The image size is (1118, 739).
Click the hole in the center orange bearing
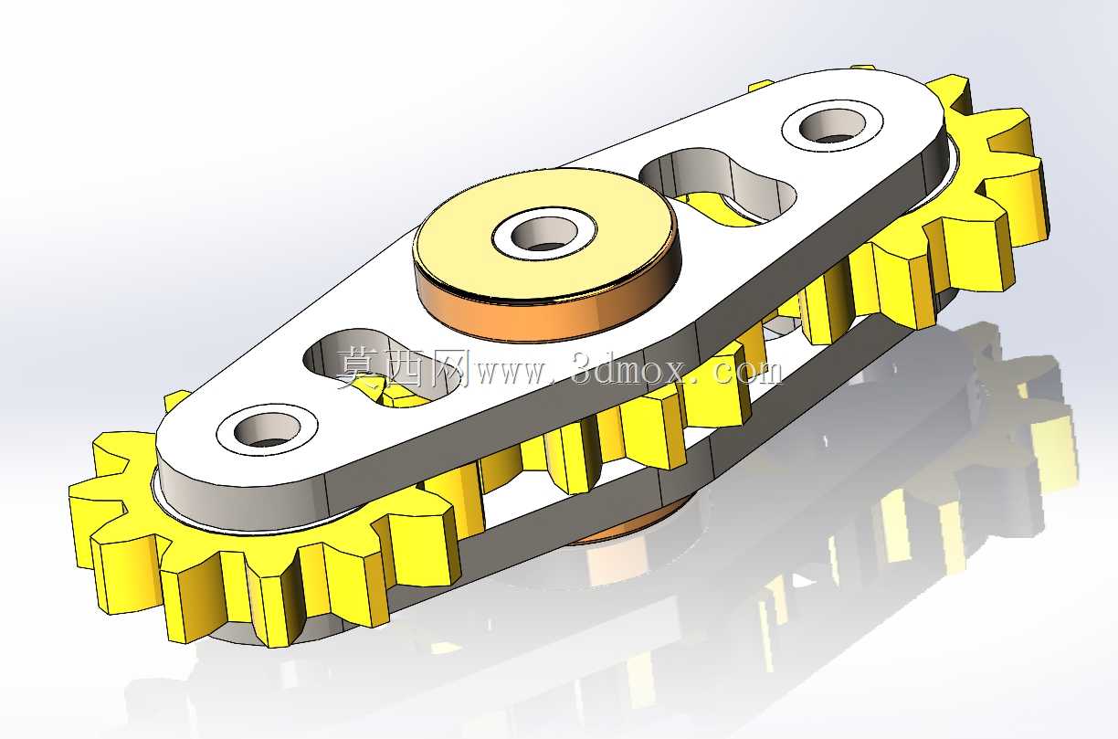click(544, 234)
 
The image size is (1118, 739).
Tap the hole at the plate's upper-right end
click(832, 126)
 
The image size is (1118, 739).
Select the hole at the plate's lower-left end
click(268, 429)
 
